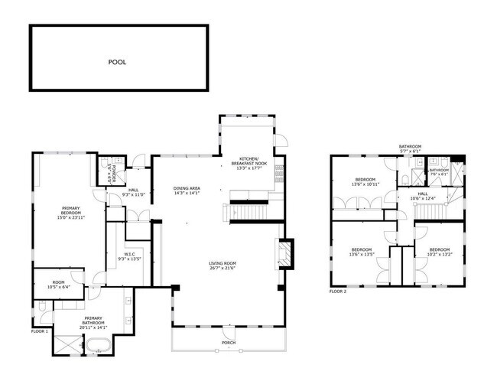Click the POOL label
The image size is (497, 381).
[117, 62]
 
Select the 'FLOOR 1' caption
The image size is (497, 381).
[39, 331]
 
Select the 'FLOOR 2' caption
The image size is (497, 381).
[338, 291]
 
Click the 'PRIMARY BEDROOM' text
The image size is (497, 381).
[76, 208]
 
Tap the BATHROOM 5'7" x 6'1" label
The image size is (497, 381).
[410, 148]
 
